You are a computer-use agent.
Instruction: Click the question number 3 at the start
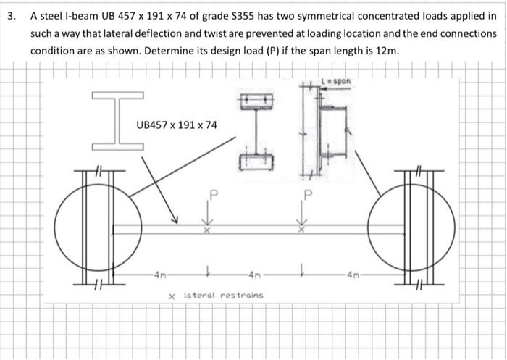coord(12,16)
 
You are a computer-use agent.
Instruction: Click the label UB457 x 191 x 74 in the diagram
coord(177,125)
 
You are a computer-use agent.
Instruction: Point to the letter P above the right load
coord(309,195)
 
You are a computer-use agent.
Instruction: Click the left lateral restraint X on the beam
coord(207,230)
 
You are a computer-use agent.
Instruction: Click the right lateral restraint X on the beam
coord(301,230)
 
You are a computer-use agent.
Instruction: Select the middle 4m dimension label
coord(254,275)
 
